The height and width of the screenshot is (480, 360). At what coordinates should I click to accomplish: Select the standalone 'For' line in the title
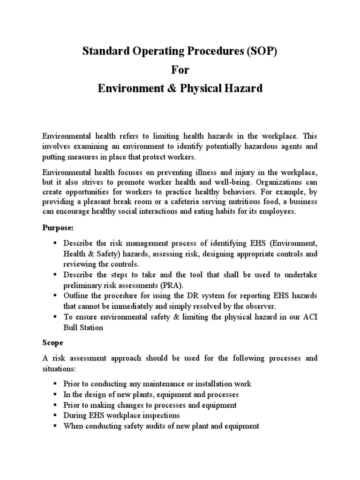click(180, 69)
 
